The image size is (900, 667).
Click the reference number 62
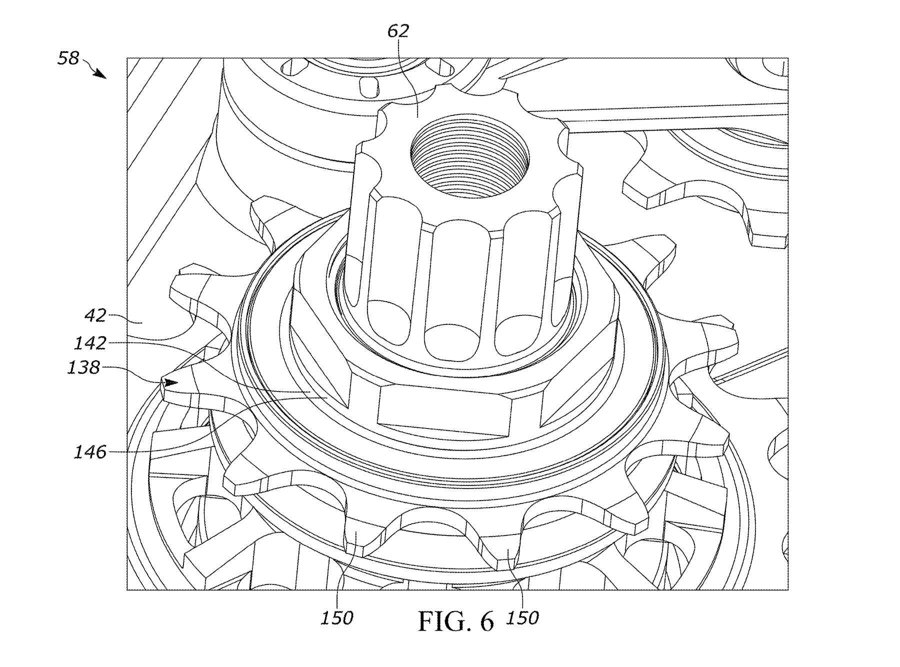tap(398, 31)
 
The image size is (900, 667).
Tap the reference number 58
tap(68, 58)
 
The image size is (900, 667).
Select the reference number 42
tap(95, 316)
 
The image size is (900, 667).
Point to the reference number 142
tap(90, 343)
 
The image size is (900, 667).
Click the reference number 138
tap(83, 367)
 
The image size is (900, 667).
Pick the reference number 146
tap(90, 452)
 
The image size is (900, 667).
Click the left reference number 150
tap(337, 618)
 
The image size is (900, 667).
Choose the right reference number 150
tap(522, 618)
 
